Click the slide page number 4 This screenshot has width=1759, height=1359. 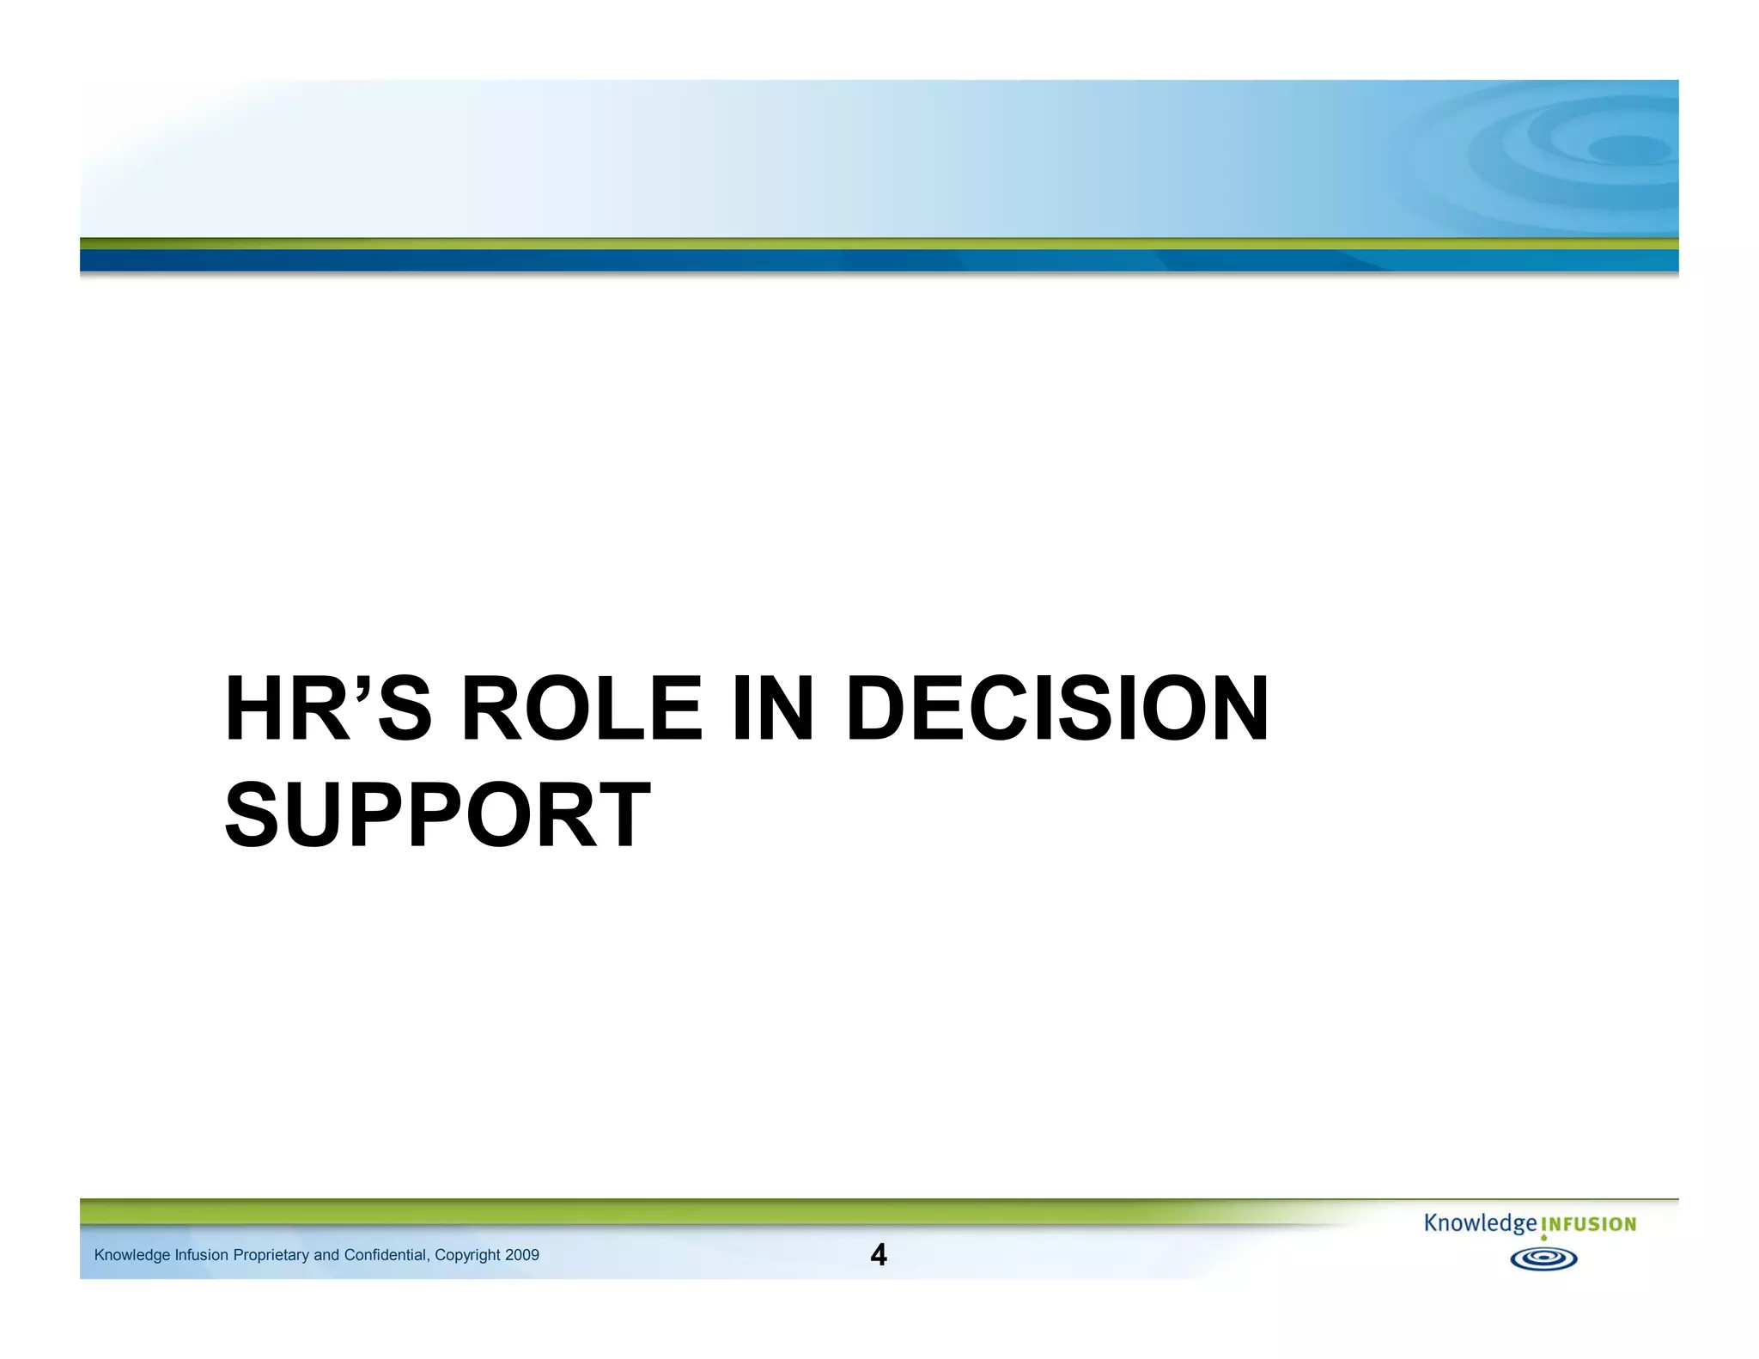tap(878, 1255)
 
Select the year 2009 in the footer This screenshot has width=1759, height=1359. tap(522, 1255)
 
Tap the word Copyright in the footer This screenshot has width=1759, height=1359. tap(467, 1255)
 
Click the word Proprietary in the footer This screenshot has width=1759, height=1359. tap(271, 1255)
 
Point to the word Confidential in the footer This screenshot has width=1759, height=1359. tap(386, 1255)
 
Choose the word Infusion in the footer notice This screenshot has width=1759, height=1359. tap(202, 1255)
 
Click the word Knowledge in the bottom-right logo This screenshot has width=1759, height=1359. tap(1480, 1223)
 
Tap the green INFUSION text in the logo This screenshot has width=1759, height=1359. tap(1589, 1225)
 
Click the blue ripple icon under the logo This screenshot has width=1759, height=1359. tap(1543, 1259)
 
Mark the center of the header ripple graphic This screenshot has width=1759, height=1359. tap(1628, 150)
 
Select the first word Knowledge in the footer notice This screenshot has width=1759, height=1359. tap(132, 1255)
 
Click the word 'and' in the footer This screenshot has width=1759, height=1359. tap(326, 1255)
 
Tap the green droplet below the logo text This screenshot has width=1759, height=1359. tap(1543, 1239)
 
